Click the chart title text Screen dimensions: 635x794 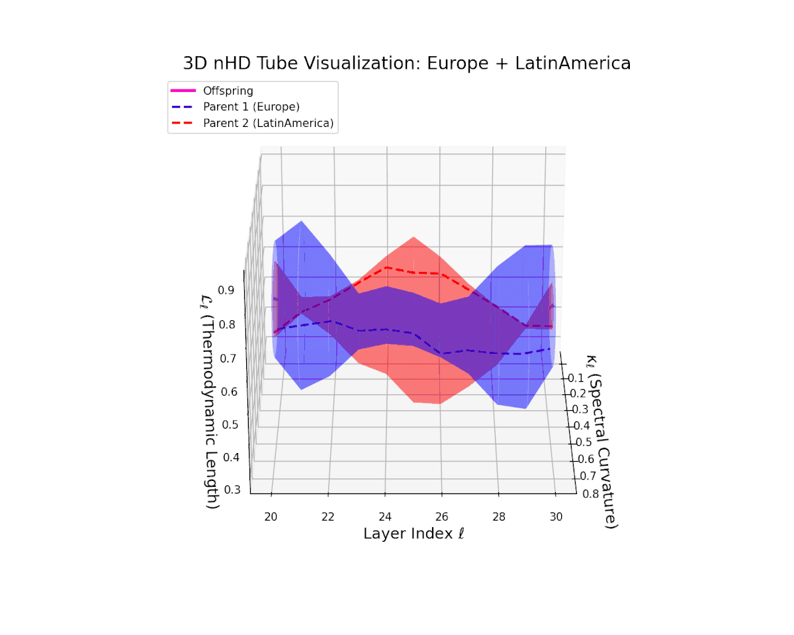tap(406, 63)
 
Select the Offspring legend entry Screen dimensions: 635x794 tap(228, 91)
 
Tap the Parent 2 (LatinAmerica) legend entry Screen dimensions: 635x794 tap(267, 123)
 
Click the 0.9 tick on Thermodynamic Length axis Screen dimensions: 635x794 tap(227, 290)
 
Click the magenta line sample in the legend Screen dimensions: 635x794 tap(184, 91)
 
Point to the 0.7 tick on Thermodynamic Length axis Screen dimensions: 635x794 tap(229, 359)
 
